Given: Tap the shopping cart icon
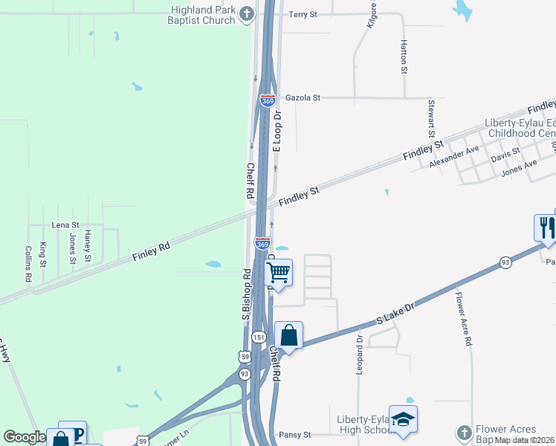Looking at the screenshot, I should pos(278,273).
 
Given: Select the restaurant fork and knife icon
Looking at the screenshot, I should pos(546,227).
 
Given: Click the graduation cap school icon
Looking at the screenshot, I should pos(403,420).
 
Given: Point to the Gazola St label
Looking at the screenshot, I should pos(302,97).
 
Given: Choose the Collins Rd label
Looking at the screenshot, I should pos(28,263).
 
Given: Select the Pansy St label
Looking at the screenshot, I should pos(294,434).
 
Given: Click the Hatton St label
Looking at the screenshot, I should pos(404,57).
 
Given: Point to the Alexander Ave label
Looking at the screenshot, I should pos(453,157).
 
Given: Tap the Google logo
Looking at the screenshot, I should pos(24,438).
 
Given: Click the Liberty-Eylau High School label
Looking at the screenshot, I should pos(363,424).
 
